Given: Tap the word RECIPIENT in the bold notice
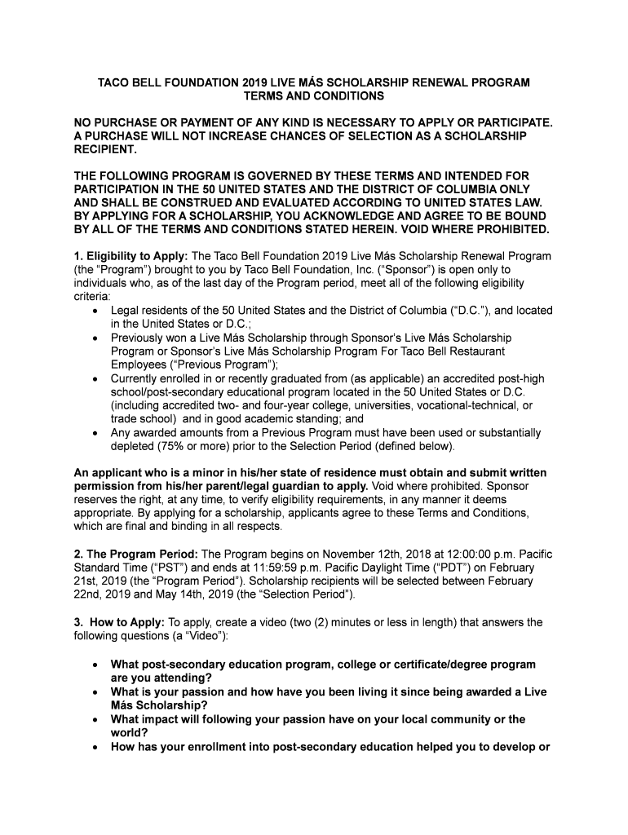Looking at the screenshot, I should point(105,150).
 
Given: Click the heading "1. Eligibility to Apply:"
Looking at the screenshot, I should point(130,256).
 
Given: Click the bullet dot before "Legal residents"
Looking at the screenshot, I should point(97,311).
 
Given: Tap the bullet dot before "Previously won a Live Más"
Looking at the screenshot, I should point(97,338).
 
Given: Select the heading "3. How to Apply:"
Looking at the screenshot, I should point(119,622).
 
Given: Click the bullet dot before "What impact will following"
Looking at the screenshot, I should point(97,719).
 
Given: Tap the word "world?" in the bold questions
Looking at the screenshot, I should point(129,732).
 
